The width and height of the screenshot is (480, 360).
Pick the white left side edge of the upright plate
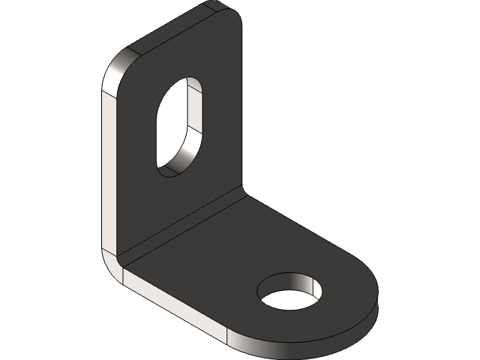107,165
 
